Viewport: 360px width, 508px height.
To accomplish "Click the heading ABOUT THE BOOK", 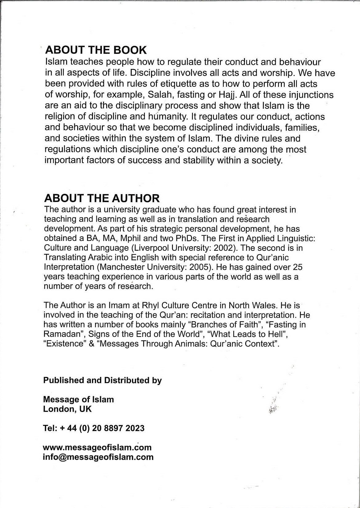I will point(96,50).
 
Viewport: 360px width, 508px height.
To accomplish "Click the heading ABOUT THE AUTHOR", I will point(102,198).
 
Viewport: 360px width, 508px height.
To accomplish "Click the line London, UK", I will point(67,409).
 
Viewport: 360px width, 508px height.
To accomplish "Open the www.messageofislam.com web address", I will point(97,447).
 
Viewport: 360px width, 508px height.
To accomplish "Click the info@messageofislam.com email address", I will point(98,457).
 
